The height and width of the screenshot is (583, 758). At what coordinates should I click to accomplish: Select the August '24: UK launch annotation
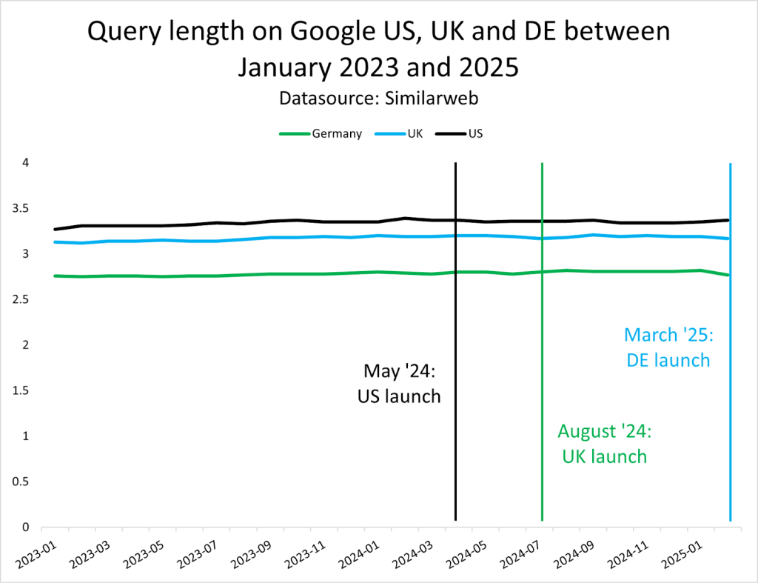click(603, 443)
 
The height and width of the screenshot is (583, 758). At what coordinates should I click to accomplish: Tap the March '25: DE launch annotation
click(668, 347)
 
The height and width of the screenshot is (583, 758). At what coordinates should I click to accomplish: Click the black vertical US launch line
click(455, 444)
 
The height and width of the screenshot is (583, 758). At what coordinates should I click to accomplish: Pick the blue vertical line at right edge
click(731, 444)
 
